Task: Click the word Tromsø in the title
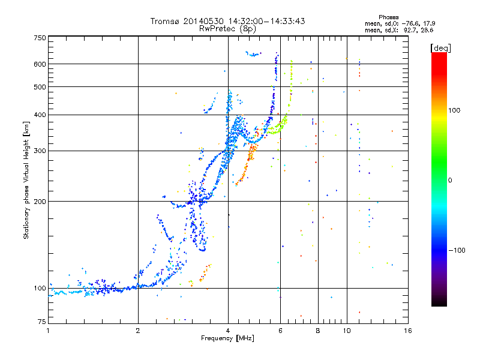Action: coord(164,21)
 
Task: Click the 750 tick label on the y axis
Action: coord(40,38)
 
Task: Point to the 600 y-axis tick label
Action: coord(40,64)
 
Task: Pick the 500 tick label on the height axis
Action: coord(40,87)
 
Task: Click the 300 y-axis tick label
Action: coord(40,151)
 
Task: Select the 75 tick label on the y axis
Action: coord(42,322)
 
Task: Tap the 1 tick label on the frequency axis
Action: coord(48,331)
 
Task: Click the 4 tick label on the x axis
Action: coord(228,331)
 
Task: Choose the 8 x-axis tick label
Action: coord(318,331)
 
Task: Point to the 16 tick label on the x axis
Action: coord(408,331)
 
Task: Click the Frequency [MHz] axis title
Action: coord(227,338)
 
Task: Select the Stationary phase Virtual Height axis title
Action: coord(26,180)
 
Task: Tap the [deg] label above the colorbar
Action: coord(440,48)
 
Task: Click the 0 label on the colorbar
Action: coord(450,180)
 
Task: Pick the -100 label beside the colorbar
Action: coord(457,250)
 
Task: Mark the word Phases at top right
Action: coord(389,17)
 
